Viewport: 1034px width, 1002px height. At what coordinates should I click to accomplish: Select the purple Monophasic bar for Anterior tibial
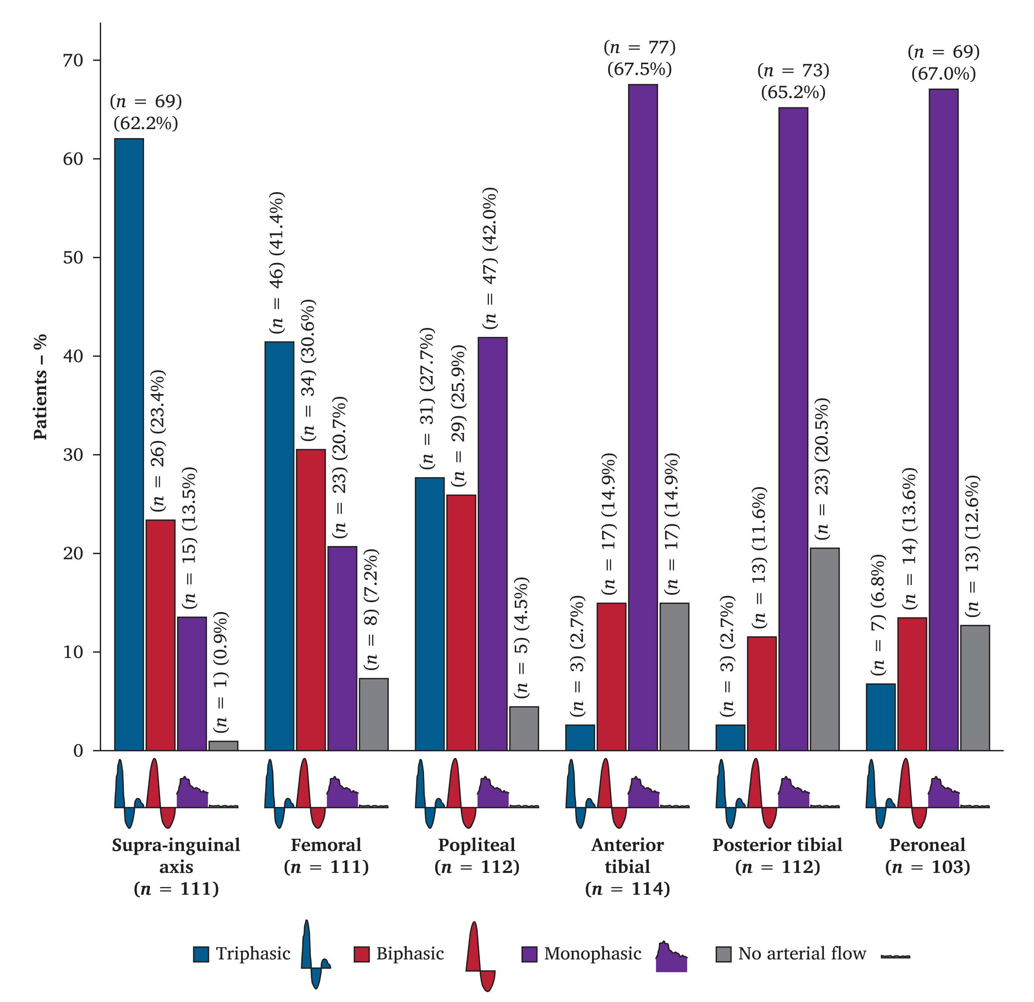click(643, 417)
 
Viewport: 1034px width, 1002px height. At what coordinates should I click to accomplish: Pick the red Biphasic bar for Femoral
click(311, 599)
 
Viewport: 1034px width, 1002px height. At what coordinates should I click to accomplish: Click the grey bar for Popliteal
click(524, 728)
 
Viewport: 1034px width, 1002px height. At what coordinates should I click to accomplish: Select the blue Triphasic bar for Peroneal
click(881, 716)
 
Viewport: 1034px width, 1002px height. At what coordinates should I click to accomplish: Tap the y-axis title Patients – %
click(41, 387)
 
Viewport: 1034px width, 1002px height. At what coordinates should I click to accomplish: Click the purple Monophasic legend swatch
click(529, 954)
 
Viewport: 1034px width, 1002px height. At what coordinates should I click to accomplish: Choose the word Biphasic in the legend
click(410, 954)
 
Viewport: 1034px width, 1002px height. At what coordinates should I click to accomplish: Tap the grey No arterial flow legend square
click(723, 954)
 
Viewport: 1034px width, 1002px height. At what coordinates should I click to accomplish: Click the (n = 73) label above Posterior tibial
click(793, 70)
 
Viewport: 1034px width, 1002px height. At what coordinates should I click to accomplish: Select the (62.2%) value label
click(146, 123)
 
